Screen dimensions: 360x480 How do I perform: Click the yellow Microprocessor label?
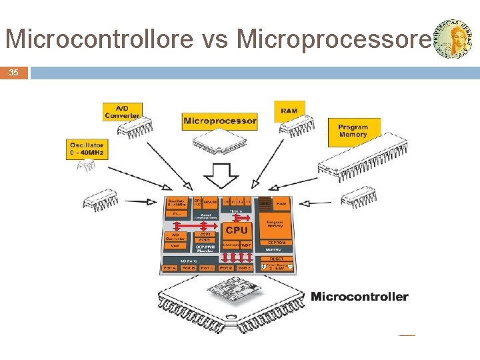219,121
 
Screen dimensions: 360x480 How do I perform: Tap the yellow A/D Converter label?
123,112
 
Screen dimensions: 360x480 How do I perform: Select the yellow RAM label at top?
289,111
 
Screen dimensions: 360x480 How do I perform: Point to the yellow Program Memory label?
353,131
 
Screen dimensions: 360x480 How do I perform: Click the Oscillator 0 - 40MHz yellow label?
87,149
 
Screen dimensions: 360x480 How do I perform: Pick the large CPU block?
236,230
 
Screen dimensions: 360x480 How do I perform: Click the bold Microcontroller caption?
359,297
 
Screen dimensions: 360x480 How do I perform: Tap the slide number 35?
14,73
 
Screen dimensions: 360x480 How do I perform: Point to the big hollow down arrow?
221,176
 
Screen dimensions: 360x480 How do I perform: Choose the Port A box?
169,268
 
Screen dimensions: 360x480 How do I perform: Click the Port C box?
207,268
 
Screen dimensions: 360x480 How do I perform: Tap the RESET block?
277,259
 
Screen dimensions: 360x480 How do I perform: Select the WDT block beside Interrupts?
246,245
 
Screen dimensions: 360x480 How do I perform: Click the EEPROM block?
276,243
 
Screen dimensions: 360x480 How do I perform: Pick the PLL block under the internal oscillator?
176,213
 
